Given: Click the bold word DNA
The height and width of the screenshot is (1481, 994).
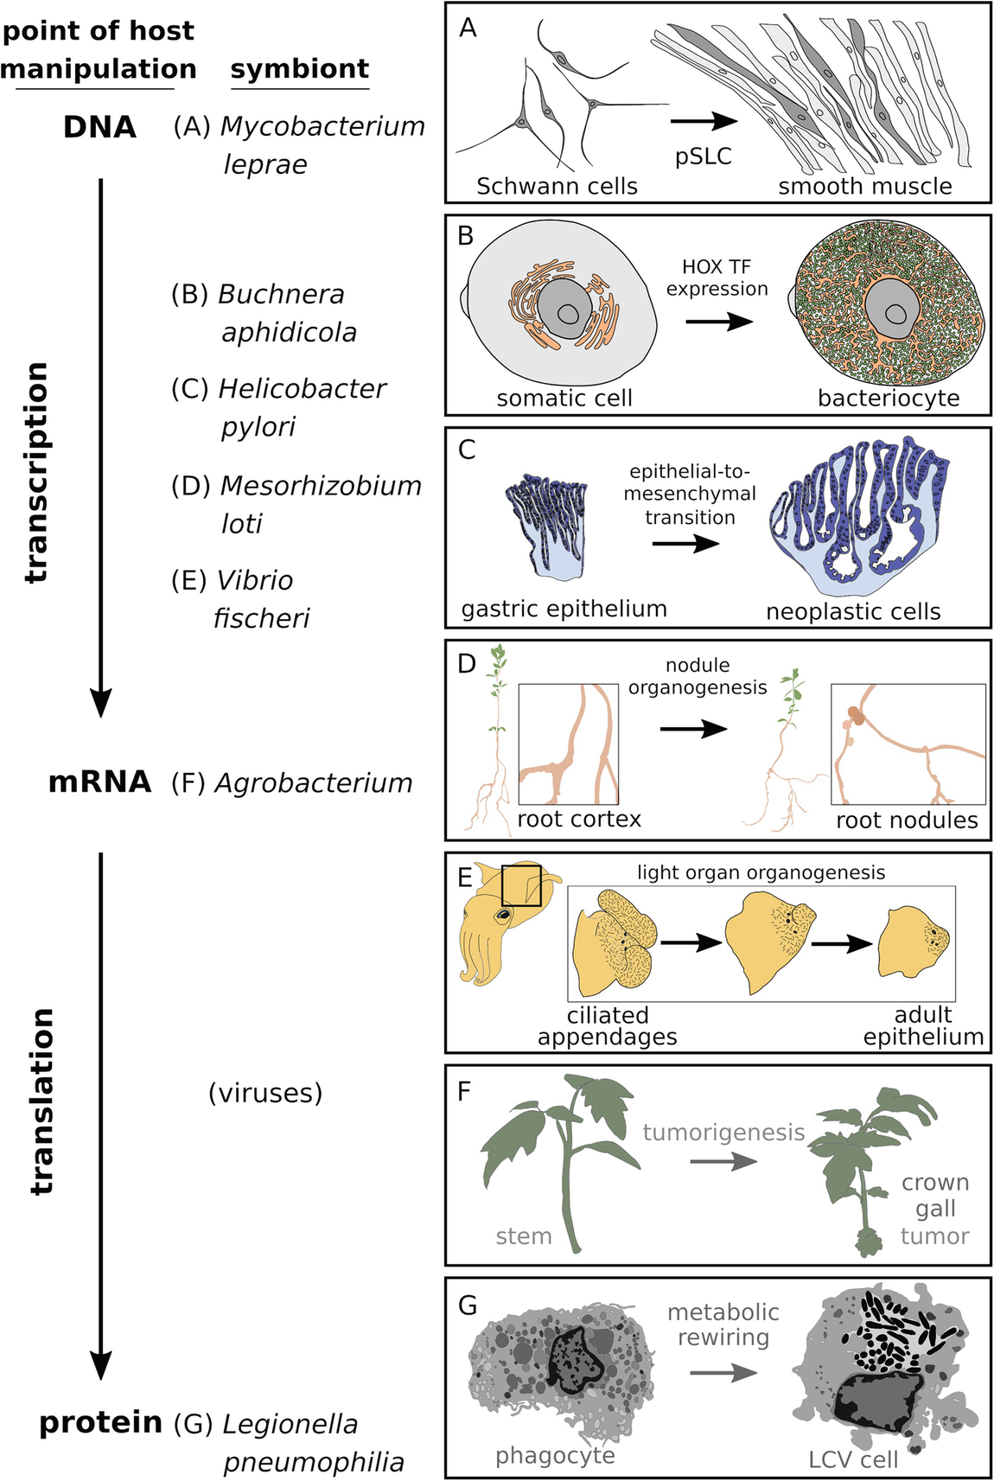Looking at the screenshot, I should [99, 127].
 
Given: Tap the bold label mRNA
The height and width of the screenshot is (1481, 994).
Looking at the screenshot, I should [99, 782].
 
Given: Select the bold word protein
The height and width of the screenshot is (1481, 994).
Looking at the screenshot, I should [100, 1422].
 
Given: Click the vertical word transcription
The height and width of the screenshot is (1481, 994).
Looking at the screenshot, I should [36, 472].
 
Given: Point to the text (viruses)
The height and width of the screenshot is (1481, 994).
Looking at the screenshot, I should [265, 1093].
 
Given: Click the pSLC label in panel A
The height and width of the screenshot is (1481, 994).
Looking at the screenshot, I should [703, 156].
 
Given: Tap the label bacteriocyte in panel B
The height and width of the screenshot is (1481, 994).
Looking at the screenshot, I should [888, 399].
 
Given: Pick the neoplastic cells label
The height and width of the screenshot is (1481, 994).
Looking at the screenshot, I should [852, 612].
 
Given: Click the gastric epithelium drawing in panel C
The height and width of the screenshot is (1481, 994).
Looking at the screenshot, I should [547, 527].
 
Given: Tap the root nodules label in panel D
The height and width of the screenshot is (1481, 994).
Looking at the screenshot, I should [906, 820].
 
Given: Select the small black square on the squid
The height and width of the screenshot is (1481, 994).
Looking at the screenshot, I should [521, 885].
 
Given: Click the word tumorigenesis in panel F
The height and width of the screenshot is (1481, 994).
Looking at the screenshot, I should [723, 1133].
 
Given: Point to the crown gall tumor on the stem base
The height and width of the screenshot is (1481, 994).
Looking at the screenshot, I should [866, 1242].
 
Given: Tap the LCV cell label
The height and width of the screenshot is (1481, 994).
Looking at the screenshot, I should [852, 1460].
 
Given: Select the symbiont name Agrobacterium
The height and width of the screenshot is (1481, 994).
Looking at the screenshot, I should [313, 783].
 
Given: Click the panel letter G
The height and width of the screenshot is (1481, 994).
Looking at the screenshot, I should [468, 1305].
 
